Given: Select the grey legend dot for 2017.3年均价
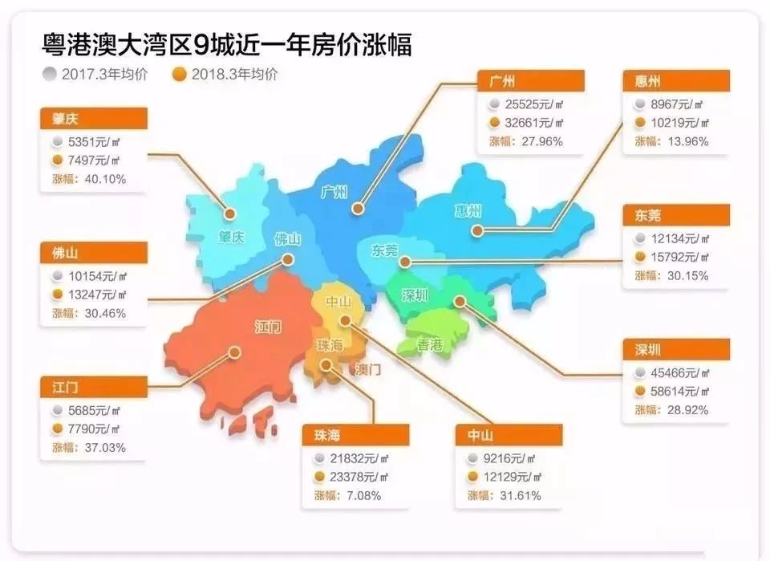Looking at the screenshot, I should (x=51, y=75).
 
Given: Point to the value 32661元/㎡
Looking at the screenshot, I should (x=536, y=123).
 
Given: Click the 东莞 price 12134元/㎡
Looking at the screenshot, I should (x=679, y=239).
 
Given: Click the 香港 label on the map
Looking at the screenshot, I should (x=430, y=346).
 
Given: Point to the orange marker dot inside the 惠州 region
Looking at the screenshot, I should (x=476, y=231).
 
